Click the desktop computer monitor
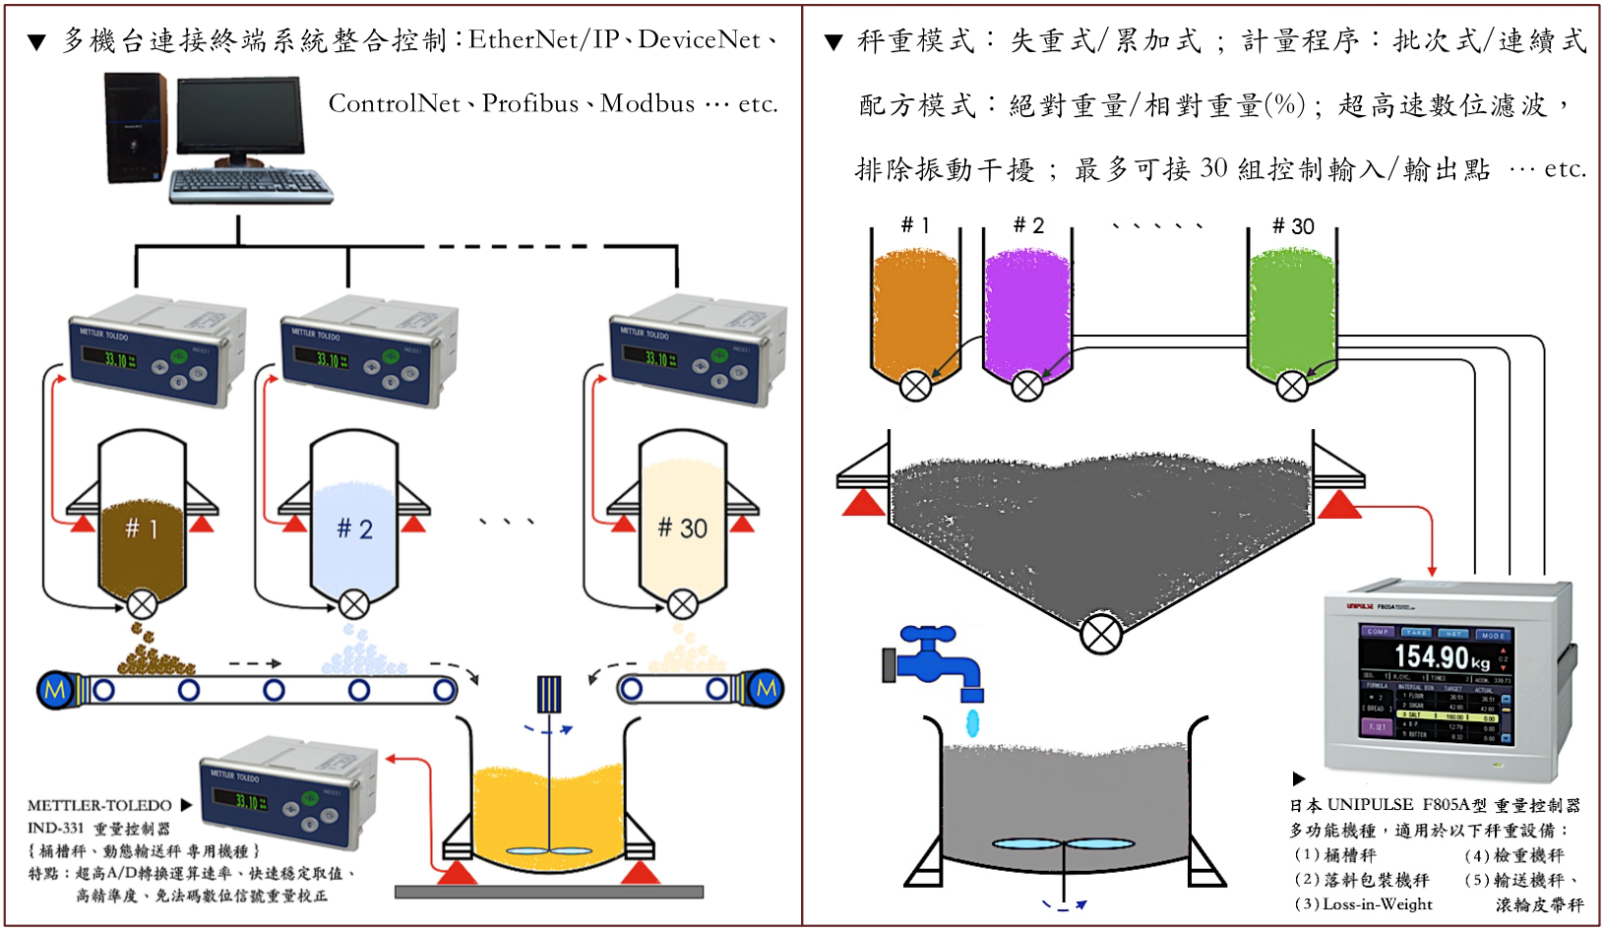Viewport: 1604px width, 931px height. click(x=239, y=117)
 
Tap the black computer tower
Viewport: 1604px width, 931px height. click(x=136, y=127)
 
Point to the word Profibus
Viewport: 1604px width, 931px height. click(x=529, y=103)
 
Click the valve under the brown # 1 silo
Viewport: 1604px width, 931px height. click(x=142, y=603)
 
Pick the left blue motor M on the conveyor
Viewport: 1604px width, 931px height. click(x=55, y=690)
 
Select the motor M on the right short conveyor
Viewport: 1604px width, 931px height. click(x=766, y=688)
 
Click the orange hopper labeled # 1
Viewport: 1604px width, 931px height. click(x=915, y=310)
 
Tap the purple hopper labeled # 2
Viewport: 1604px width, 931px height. click(x=1027, y=310)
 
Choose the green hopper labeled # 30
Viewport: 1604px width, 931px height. click(x=1292, y=310)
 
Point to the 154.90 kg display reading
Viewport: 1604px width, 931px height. click(x=1442, y=656)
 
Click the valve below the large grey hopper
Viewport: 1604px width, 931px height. click(x=1101, y=633)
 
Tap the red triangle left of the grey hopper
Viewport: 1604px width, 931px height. click(x=864, y=503)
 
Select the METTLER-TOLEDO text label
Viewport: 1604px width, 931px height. click(x=99, y=805)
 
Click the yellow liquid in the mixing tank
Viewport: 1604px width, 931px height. click(x=547, y=807)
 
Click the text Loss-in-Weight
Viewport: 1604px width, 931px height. click(x=1377, y=903)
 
